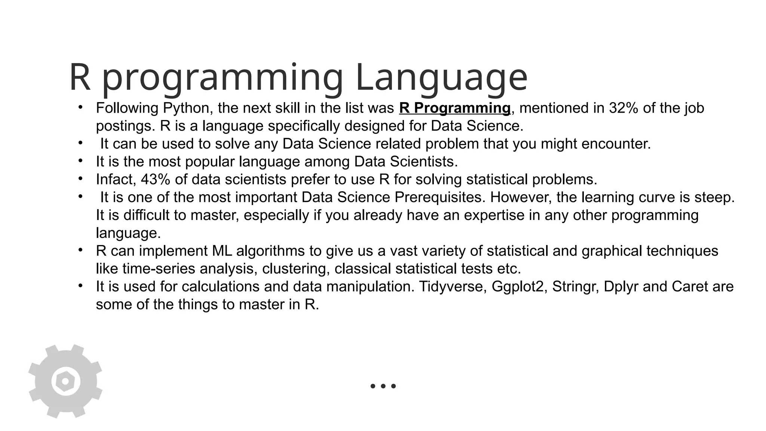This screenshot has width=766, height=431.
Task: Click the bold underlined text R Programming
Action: tap(454, 108)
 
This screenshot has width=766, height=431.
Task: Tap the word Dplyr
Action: tap(621, 287)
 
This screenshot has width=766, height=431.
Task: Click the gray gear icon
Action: tap(65, 381)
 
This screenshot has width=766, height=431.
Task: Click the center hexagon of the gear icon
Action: tap(65, 381)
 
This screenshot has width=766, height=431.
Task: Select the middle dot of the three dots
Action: tap(383, 386)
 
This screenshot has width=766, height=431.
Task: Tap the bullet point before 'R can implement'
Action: tap(80, 250)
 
